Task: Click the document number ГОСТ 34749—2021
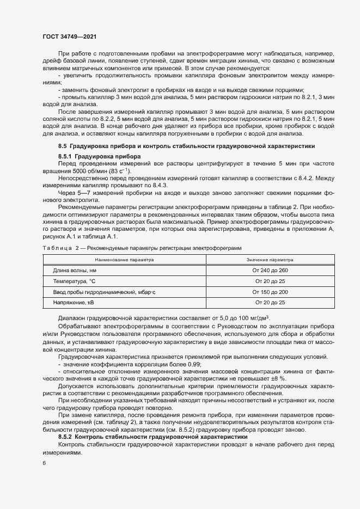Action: pyautogui.click(x=70, y=36)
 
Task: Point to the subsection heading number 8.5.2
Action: pyautogui.click(x=66, y=437)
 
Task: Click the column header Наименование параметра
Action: pyautogui.click(x=124, y=260)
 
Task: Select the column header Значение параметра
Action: pyautogui.click(x=270, y=260)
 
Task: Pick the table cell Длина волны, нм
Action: pyautogui.click(x=74, y=271)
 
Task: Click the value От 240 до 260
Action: pyautogui.click(x=270, y=271)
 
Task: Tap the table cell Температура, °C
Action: pyautogui.click(x=74, y=281)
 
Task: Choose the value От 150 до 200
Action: pyautogui.click(x=270, y=292)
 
